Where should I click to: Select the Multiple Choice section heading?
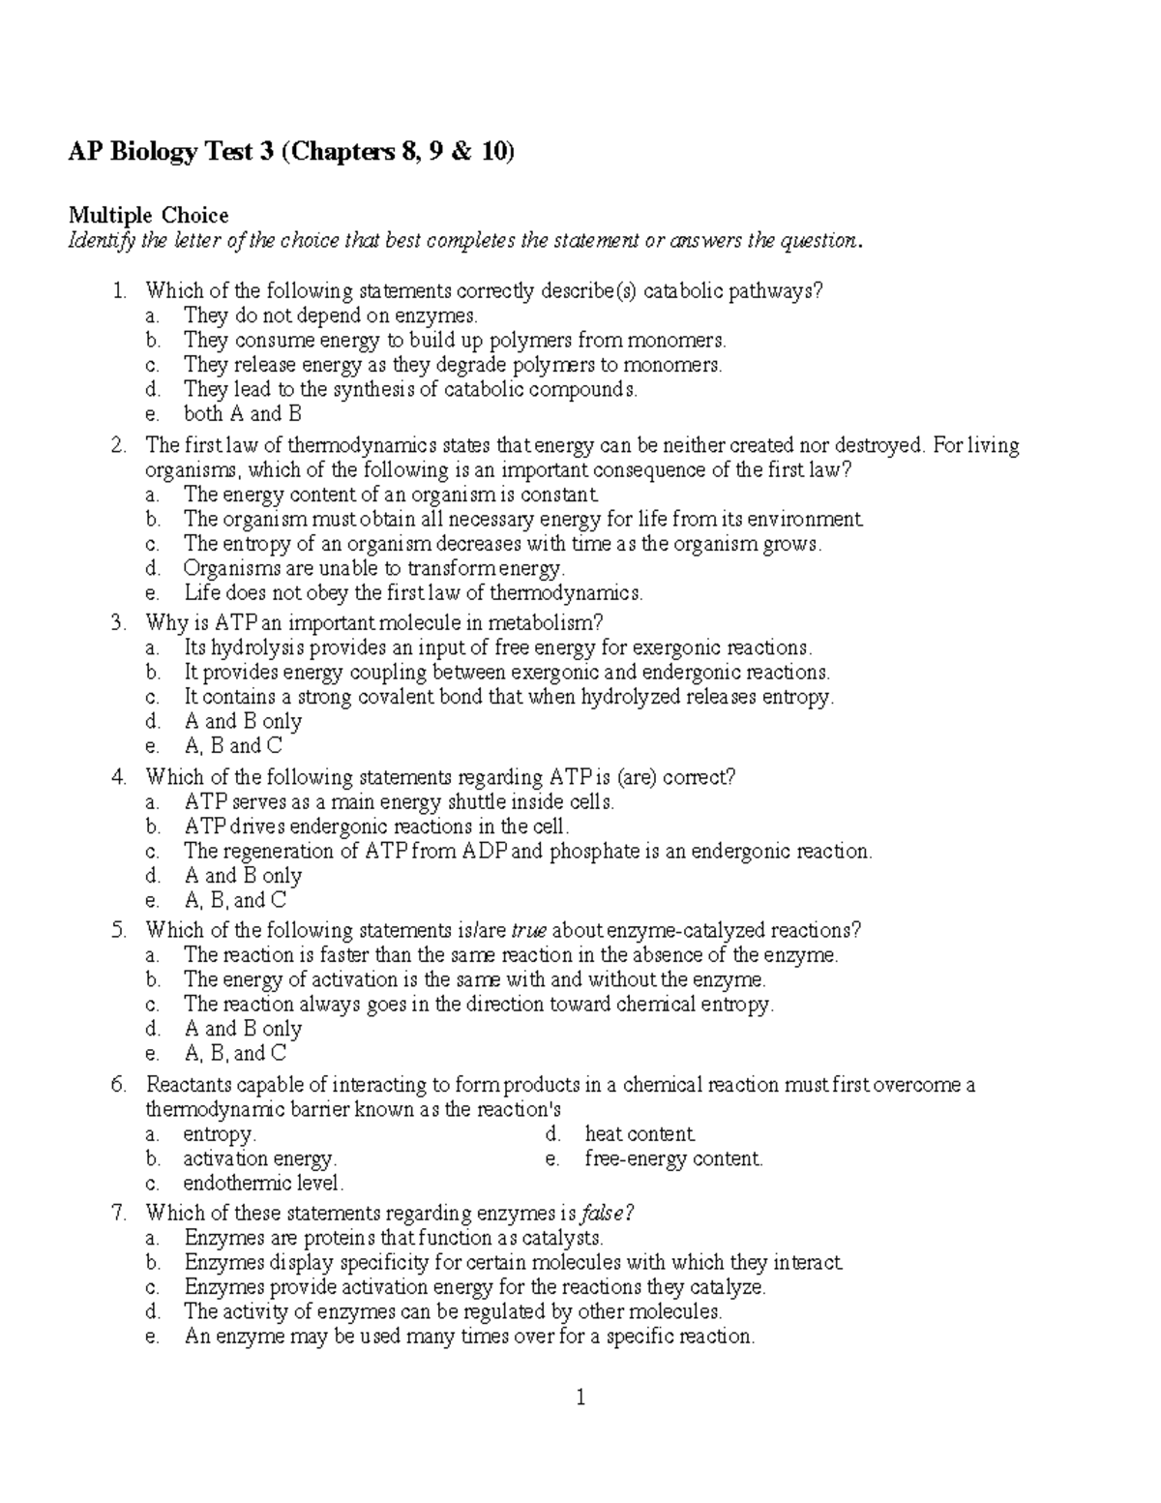coord(147,215)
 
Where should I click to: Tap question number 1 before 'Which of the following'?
coord(119,290)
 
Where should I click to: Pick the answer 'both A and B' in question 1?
coord(243,414)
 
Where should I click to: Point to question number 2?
coord(119,445)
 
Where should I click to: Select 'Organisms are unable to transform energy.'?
coord(374,568)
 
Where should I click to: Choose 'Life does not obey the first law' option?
coord(413,593)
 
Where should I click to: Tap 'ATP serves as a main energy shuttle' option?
coord(399,801)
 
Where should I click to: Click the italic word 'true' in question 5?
coord(528,930)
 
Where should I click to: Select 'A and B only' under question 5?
coord(243,1029)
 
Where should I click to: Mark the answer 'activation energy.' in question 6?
coord(259,1158)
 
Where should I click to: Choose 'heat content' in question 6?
coord(640,1133)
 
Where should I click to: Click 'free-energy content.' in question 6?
coord(673,1158)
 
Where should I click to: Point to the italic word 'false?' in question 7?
coord(608,1213)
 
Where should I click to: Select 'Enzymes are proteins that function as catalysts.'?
coord(394,1238)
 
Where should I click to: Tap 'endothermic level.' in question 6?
coord(263,1183)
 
